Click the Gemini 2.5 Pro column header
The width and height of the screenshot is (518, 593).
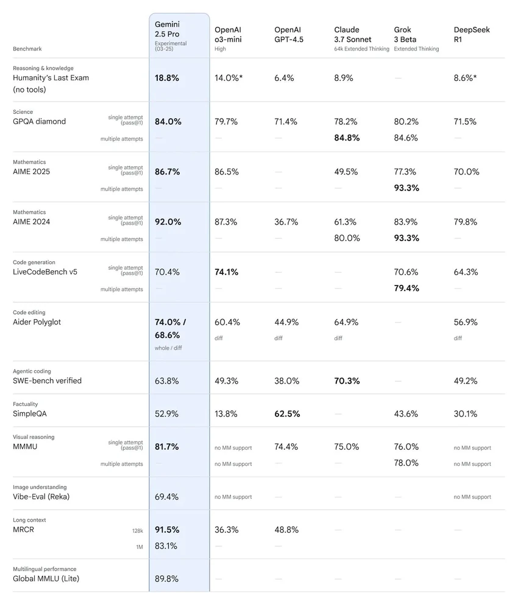171,37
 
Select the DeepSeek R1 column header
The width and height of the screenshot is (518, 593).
472,35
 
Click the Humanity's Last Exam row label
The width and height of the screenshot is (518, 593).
51,83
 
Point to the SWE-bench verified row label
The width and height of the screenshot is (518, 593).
47,381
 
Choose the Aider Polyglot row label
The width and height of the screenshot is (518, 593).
37,322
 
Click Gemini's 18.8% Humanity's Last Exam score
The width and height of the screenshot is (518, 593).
166,78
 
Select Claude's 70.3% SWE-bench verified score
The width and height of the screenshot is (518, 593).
347,381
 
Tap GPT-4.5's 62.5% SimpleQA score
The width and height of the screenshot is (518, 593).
287,414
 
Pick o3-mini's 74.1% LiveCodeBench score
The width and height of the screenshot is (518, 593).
227,272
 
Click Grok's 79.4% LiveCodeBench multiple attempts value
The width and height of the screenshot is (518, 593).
406,288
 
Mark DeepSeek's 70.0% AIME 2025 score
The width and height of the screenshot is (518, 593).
466,172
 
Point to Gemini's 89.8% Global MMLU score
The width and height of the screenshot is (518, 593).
166,578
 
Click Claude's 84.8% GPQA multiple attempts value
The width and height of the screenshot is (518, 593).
347,138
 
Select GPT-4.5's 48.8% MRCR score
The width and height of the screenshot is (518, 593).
286,530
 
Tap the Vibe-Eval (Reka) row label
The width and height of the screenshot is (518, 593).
41,497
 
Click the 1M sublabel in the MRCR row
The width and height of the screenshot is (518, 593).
140,547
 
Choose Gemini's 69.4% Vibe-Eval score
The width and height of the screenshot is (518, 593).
166,497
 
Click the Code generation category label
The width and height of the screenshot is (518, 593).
34,262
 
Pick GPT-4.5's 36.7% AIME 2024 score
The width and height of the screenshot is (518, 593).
286,222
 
